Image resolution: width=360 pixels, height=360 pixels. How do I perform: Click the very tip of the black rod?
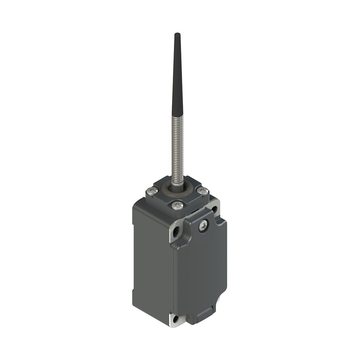pyautogui.click(x=177, y=34)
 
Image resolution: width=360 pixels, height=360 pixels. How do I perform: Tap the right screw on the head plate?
pyautogui.click(x=203, y=191)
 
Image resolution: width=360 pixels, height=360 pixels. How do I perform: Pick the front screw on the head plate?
pyautogui.click(x=177, y=206)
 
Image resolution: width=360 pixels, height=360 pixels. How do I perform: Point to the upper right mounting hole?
pyautogui.click(x=215, y=208)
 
